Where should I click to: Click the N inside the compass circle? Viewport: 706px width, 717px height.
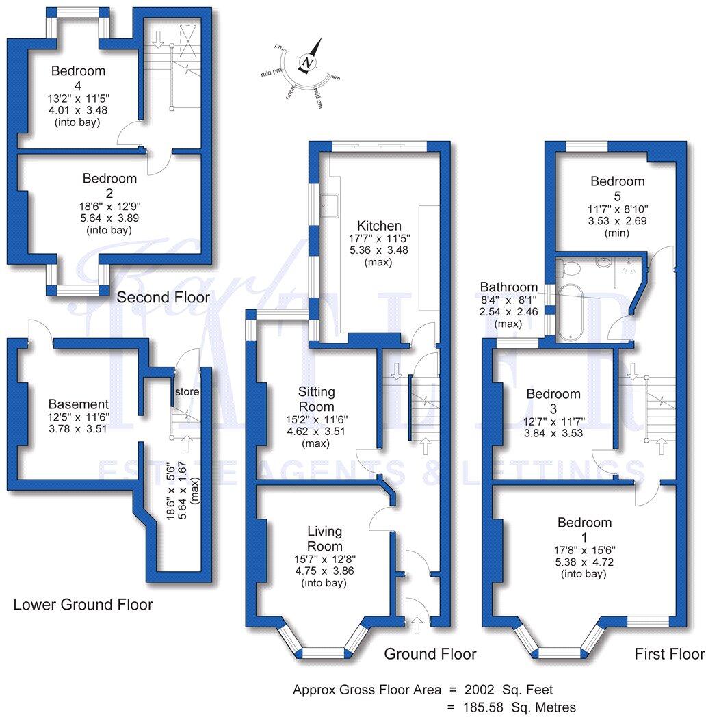309,64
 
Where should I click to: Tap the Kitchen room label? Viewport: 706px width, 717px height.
378,226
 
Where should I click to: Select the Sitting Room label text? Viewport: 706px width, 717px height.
317,400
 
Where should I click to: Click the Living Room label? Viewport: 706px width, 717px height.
325,538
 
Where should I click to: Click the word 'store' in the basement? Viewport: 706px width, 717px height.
186,392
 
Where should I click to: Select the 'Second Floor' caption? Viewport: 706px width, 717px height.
163,297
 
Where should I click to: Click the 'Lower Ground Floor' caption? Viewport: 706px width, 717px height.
83,604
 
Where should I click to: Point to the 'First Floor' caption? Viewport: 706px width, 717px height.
669,654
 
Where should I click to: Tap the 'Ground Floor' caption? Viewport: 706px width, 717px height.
430,654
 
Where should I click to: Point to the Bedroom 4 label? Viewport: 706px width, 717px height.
78,77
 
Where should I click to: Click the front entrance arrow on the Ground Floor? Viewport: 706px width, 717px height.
417,622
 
